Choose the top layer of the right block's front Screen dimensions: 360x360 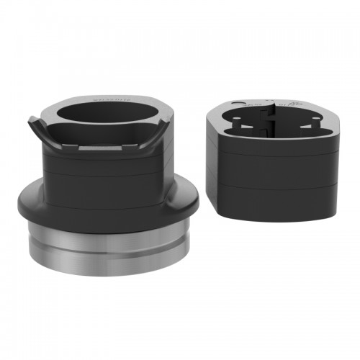coord(277,155)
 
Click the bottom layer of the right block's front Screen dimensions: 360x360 coord(277,202)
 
